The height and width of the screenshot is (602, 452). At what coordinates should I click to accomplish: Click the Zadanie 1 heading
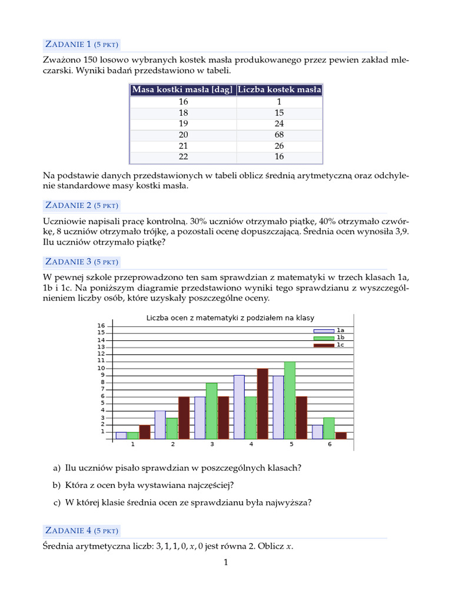(82, 44)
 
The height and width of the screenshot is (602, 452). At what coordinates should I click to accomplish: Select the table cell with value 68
(279, 135)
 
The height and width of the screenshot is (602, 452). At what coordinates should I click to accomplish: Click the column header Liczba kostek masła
(280, 89)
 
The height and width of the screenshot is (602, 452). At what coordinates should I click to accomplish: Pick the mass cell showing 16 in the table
(183, 102)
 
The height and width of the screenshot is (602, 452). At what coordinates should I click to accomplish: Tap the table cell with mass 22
(183, 157)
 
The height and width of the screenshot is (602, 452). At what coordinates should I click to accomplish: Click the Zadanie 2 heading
(82, 205)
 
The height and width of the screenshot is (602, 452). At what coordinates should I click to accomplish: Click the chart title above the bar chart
(230, 318)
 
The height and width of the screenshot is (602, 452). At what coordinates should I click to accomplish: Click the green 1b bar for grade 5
(289, 400)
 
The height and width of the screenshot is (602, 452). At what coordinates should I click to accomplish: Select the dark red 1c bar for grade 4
(262, 404)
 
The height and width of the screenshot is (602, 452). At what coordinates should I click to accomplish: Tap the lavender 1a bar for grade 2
(160, 425)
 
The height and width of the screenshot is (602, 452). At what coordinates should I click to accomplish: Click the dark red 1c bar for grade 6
(341, 436)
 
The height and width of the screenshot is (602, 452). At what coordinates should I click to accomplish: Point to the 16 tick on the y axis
(101, 326)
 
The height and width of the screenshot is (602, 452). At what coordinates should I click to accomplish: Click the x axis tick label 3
(212, 444)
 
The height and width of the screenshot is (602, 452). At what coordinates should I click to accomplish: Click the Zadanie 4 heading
(82, 530)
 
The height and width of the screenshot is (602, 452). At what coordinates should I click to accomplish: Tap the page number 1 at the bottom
(225, 563)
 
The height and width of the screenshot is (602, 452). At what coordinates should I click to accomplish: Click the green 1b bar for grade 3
(211, 411)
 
